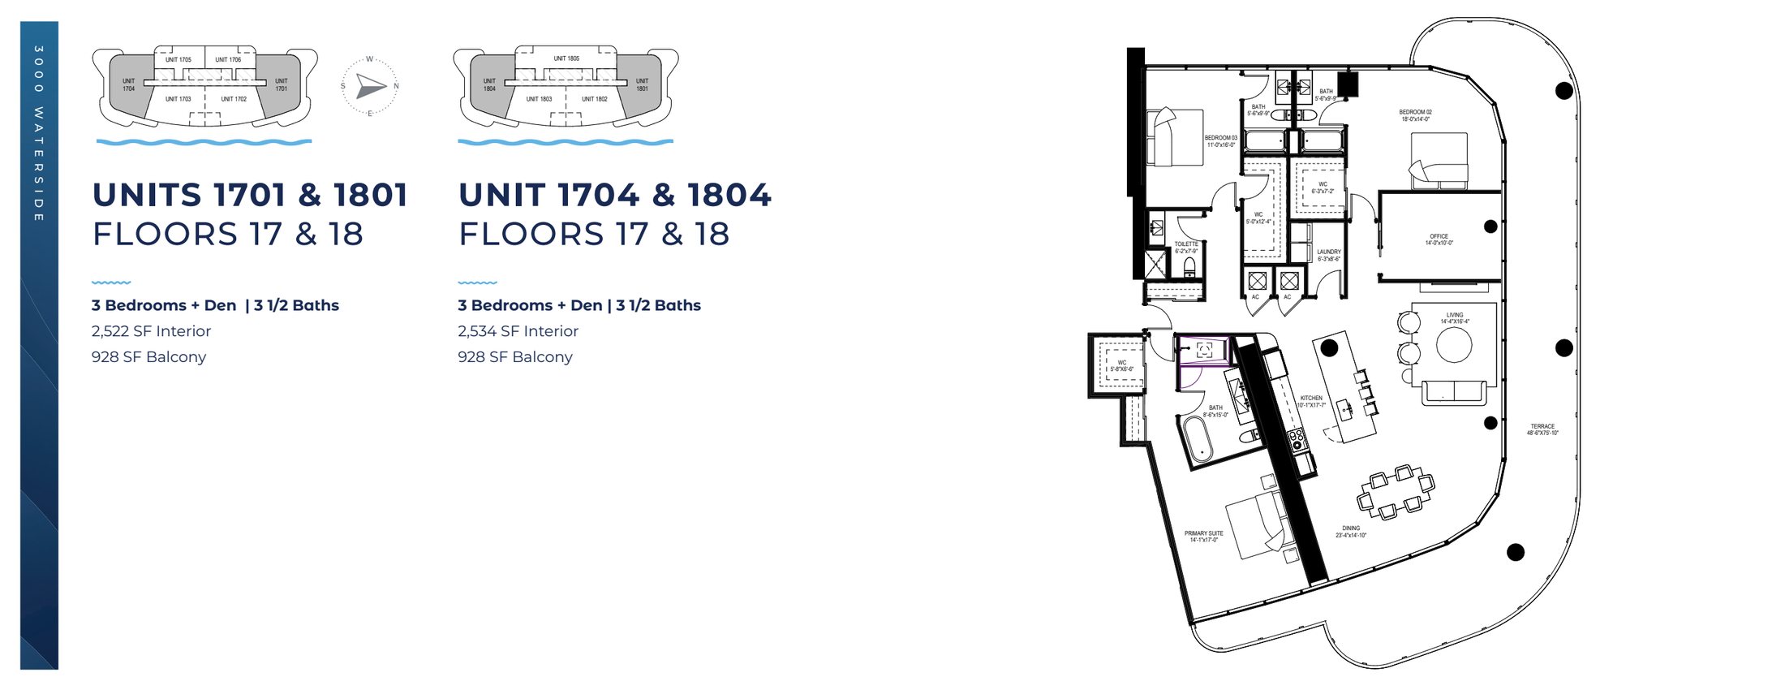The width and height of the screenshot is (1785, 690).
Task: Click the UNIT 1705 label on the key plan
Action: (x=178, y=59)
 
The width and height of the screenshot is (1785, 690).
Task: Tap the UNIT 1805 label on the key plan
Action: (x=566, y=58)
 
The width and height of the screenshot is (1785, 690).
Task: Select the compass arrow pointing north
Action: (x=372, y=86)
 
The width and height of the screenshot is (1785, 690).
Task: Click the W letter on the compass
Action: (x=370, y=59)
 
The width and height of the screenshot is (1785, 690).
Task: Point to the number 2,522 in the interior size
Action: (x=110, y=331)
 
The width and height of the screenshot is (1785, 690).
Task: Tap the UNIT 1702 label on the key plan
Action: (x=234, y=99)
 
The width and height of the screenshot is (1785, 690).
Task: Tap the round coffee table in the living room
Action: (x=1454, y=345)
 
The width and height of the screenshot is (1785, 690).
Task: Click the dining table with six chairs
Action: (x=1396, y=491)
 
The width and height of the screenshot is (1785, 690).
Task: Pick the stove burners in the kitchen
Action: (x=1297, y=439)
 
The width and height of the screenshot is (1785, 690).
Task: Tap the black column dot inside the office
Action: (x=1490, y=226)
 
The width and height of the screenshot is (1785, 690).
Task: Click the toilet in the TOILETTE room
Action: (x=1190, y=266)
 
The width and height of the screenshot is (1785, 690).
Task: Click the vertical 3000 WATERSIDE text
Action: (x=39, y=134)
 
